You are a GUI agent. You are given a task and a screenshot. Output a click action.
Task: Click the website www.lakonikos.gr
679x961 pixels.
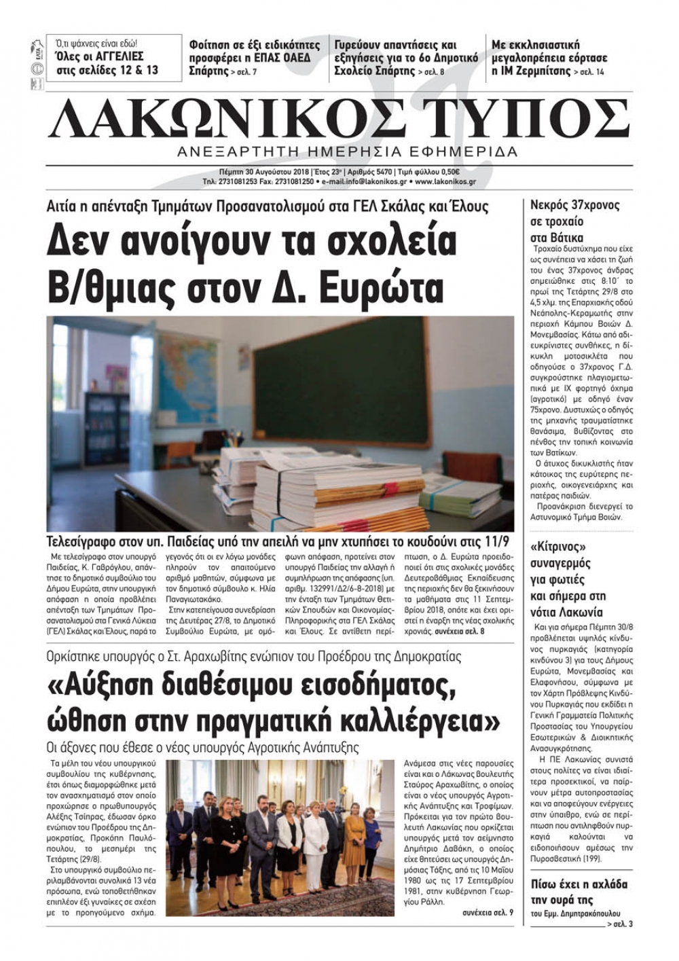(445, 182)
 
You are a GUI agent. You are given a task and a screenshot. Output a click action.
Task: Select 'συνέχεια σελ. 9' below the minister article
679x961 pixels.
(487, 911)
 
